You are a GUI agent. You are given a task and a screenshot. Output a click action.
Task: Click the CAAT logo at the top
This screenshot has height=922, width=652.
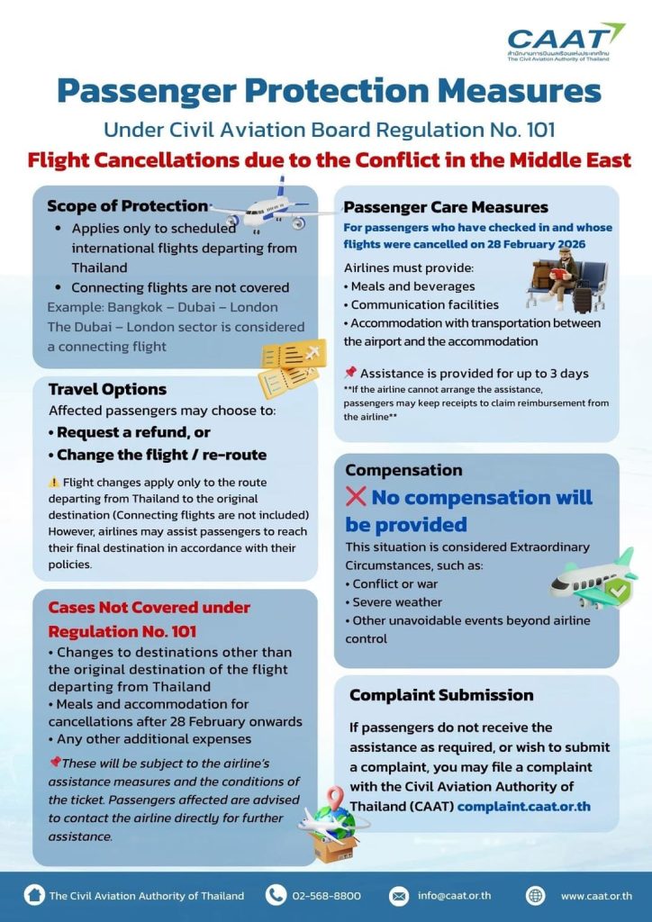click(565, 41)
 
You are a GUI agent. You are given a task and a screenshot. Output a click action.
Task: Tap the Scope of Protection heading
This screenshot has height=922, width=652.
click(127, 206)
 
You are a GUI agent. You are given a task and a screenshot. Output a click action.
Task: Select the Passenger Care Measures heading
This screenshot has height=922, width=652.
click(446, 208)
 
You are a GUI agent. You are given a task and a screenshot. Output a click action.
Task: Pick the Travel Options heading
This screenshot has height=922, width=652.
click(107, 389)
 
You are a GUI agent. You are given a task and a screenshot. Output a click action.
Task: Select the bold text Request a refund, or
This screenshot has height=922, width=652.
click(128, 431)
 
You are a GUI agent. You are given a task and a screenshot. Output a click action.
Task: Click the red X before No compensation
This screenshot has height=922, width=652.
click(356, 497)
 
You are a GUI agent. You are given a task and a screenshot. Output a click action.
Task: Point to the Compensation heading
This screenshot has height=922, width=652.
click(403, 470)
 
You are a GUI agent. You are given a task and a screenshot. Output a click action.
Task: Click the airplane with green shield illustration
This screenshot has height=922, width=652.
click(593, 578)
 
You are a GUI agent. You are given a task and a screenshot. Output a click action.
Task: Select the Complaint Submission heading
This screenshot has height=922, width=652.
click(441, 695)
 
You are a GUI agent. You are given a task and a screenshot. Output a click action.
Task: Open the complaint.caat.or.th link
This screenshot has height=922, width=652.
click(524, 806)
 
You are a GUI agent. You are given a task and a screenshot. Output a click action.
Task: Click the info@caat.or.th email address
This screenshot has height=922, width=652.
click(453, 896)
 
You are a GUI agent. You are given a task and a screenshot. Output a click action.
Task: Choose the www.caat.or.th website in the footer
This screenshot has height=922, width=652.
click(595, 896)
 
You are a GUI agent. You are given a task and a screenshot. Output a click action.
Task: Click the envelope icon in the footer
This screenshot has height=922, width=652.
click(399, 896)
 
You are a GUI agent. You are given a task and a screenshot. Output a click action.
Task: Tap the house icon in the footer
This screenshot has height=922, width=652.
click(34, 895)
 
